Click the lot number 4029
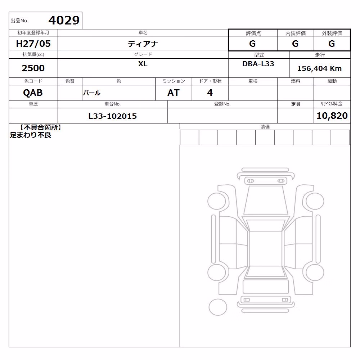click(x=64, y=21)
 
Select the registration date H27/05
click(x=33, y=44)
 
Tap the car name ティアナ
click(x=143, y=44)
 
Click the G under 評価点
click(x=252, y=44)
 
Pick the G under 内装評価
click(x=295, y=44)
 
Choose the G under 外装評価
click(x=332, y=44)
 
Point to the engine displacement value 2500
click(x=33, y=68)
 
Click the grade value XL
click(x=143, y=64)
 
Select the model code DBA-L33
click(x=258, y=64)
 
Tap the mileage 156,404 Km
click(x=319, y=68)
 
